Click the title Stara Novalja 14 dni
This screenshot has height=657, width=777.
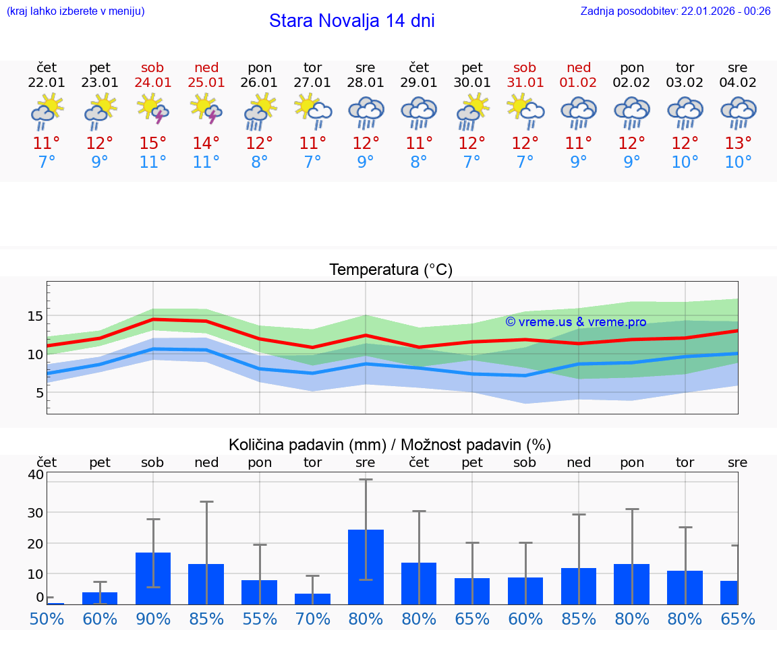pyautogui.click(x=351, y=21)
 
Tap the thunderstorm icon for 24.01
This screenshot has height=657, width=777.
pyautogui.click(x=153, y=109)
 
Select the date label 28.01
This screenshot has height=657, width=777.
pyautogui.click(x=366, y=83)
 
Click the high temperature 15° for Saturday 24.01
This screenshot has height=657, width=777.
pyautogui.click(x=153, y=144)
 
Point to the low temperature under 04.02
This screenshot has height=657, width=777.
pyautogui.click(x=738, y=162)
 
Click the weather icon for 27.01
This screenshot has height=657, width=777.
pyautogui.click(x=312, y=111)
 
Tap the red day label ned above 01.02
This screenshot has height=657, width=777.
pyautogui.click(x=579, y=67)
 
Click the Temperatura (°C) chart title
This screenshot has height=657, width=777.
pyautogui.click(x=391, y=270)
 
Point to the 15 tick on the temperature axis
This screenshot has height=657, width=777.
pyautogui.click(x=36, y=316)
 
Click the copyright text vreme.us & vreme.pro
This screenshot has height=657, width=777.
pyautogui.click(x=576, y=322)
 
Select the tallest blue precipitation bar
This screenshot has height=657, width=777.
pyautogui.click(x=366, y=567)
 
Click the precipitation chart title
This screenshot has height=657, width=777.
pyautogui.click(x=390, y=445)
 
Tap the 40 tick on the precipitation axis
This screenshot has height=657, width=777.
pyautogui.click(x=36, y=474)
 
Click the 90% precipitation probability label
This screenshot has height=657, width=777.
pyautogui.click(x=153, y=619)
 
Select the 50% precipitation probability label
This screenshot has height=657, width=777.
pyautogui.click(x=47, y=619)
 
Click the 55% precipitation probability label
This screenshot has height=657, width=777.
pyautogui.click(x=260, y=619)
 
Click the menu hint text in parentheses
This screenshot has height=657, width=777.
pyautogui.click(x=76, y=11)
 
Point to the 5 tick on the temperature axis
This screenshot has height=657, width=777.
pyautogui.click(x=39, y=393)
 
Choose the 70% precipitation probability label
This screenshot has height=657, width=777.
pyautogui.click(x=312, y=619)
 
